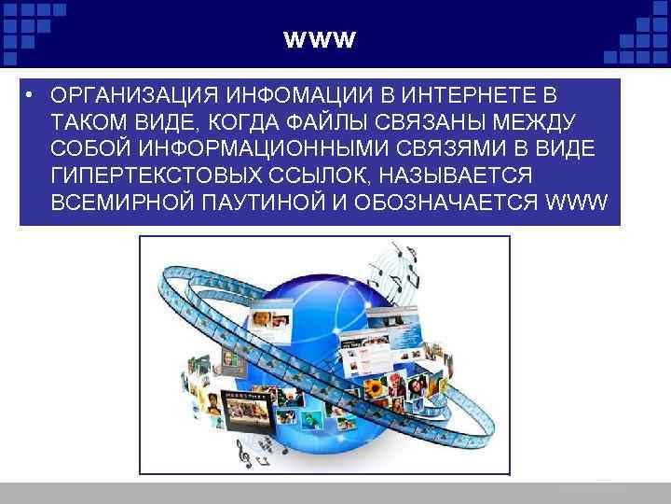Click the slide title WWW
(x=319, y=41)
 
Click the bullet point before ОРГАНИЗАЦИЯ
(x=31, y=97)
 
